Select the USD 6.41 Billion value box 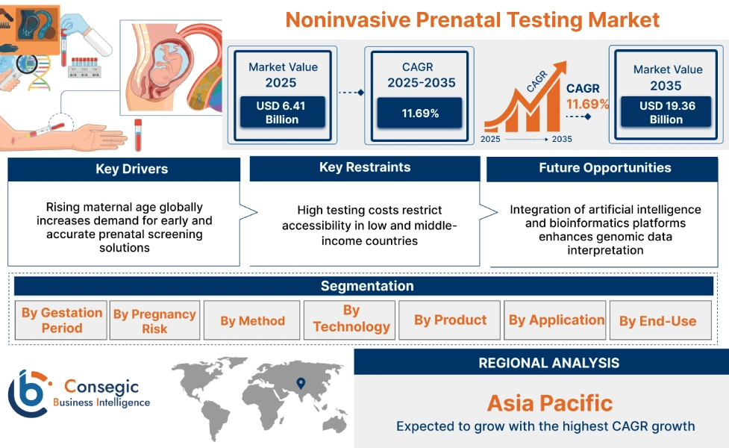click(281, 113)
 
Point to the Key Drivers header click(124, 169)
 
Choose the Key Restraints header click(364, 168)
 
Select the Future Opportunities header click(604, 169)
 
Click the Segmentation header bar click(366, 286)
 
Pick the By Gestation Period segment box click(61, 320)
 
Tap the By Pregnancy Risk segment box click(154, 320)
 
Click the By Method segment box click(252, 320)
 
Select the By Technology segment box click(351, 320)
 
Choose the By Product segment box click(450, 320)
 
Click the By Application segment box click(556, 320)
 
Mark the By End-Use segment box click(657, 321)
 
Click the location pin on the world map click(301, 384)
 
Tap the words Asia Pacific click(549, 404)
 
